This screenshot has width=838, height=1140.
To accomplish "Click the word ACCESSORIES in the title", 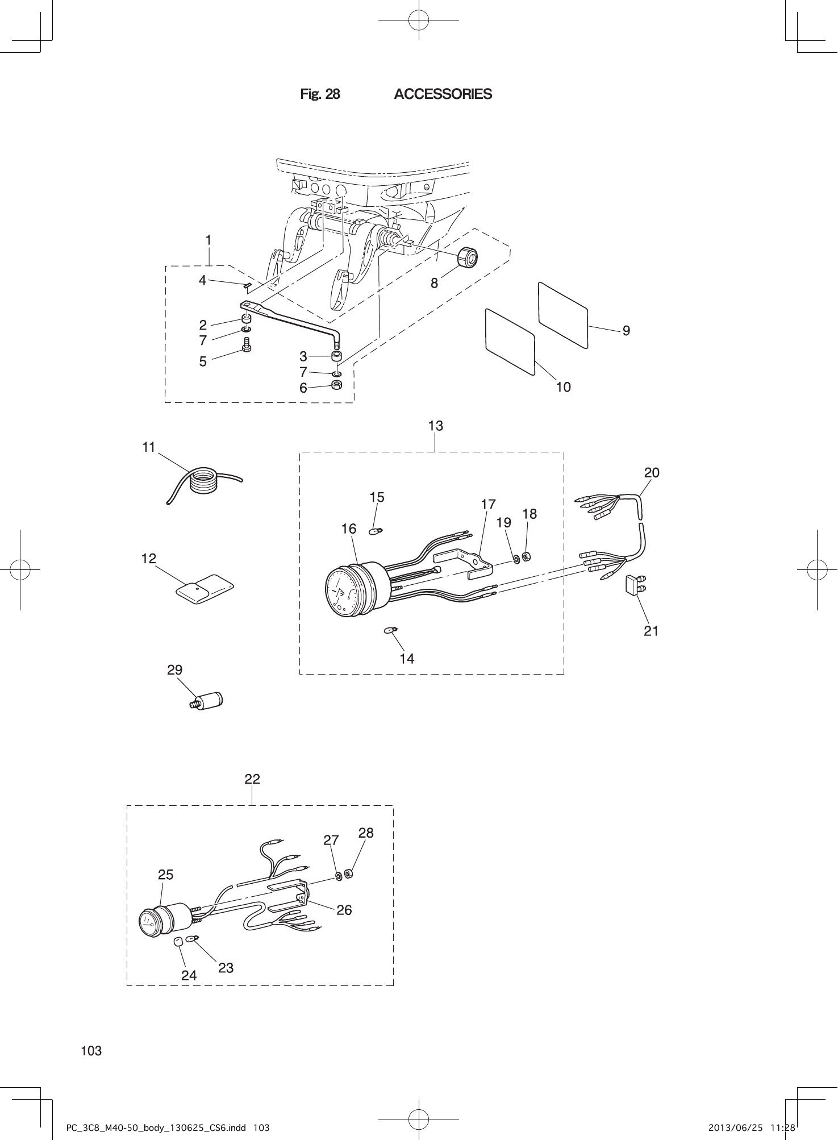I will [443, 94].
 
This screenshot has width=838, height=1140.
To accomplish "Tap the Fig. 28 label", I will [320, 94].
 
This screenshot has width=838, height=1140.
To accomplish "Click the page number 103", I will [91, 1051].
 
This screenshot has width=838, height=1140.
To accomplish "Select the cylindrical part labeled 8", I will [468, 257].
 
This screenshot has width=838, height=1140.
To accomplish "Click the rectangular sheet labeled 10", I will [510, 341].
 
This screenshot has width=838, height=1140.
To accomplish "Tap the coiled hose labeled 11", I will [204, 481].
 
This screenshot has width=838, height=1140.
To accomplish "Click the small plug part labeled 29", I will [207, 701].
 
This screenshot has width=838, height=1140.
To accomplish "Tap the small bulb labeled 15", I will [375, 531].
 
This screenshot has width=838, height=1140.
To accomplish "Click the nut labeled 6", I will [336, 386].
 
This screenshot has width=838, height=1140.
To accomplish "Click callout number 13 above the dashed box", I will [435, 426].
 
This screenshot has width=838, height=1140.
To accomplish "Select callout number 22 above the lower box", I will [252, 779].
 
